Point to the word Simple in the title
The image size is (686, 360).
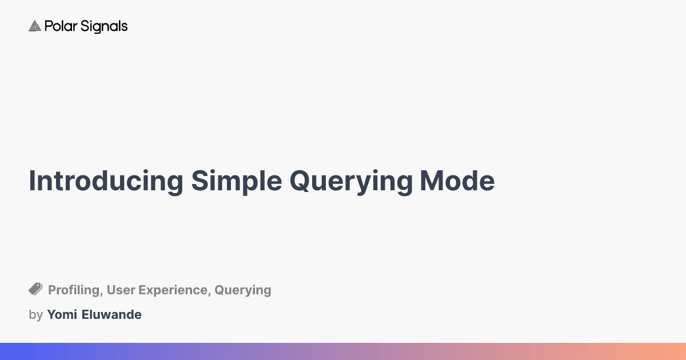236,181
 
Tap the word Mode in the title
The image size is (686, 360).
457,181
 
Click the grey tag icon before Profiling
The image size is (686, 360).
35,289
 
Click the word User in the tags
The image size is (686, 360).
121,290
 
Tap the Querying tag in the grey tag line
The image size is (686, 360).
243,290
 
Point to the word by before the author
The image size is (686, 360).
35,315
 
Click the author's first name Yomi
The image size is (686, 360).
62,314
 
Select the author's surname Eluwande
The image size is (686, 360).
113,314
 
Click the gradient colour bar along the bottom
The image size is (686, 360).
343,351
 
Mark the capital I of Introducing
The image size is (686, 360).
32,181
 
